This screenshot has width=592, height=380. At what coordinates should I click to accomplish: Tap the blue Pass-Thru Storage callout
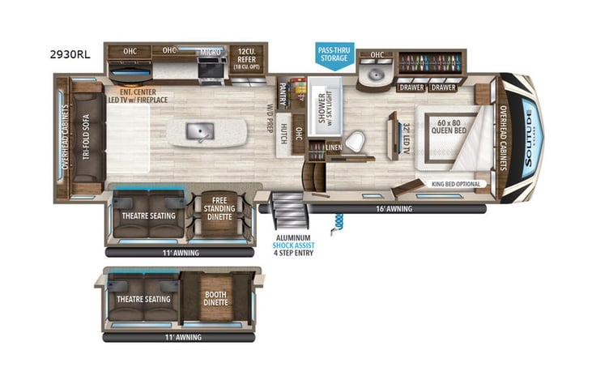coord(333,55)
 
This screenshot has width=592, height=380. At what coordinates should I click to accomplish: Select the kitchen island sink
coord(199,130)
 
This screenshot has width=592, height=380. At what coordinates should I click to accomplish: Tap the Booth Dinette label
coord(215,298)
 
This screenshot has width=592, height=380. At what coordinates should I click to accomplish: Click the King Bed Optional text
coord(455,184)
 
